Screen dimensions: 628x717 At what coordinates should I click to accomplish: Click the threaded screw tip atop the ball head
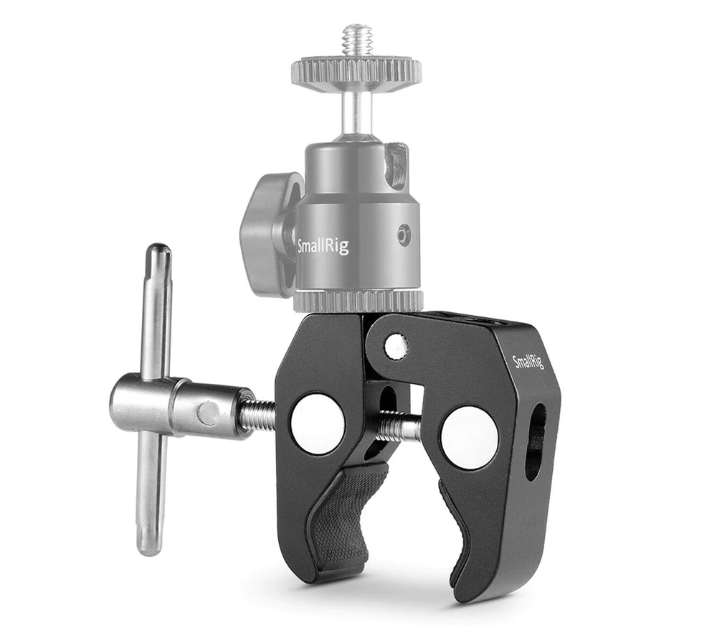(357, 39)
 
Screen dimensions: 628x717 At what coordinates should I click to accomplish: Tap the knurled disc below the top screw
(356, 72)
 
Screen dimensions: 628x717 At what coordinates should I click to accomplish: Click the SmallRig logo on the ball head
(323, 246)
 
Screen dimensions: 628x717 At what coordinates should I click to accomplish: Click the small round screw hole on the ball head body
(405, 234)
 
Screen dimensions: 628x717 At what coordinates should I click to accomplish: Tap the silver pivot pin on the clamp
(396, 347)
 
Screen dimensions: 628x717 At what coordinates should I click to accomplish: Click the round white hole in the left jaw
(318, 423)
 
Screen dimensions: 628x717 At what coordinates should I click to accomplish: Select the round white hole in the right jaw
(470, 438)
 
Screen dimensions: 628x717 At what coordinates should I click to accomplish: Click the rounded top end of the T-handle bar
(158, 253)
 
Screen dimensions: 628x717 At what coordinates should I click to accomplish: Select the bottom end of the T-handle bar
(149, 545)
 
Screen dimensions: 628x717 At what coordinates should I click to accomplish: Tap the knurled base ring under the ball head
(358, 301)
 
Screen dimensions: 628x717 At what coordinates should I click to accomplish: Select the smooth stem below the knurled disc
(356, 111)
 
